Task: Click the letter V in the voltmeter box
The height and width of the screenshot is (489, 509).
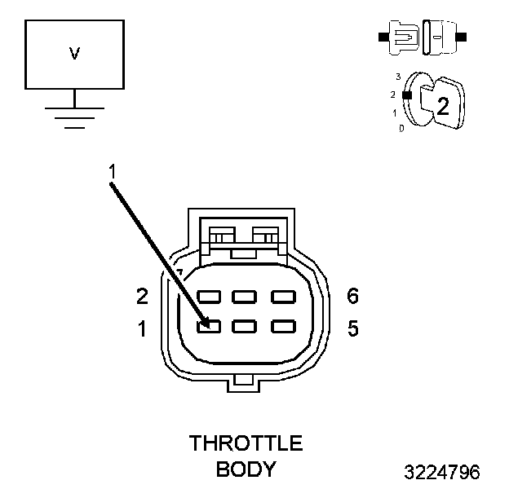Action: point(74,54)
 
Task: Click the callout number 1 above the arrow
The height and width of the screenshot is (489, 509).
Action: point(112,171)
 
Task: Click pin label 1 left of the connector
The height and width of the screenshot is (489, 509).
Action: point(142,329)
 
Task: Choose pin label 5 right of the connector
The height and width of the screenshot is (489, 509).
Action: point(352,329)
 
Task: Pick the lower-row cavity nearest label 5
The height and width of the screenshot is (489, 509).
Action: point(282,326)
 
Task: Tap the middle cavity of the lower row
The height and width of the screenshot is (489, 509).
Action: point(246,326)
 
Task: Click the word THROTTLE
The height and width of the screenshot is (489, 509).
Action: point(246,444)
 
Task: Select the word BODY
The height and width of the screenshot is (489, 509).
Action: point(246,469)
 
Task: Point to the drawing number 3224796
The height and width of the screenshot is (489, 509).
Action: point(442,472)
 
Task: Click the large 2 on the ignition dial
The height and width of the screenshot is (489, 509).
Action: point(443,104)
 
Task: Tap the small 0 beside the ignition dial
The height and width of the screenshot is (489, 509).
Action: point(401,128)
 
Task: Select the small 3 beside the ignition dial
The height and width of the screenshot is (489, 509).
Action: point(397,77)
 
